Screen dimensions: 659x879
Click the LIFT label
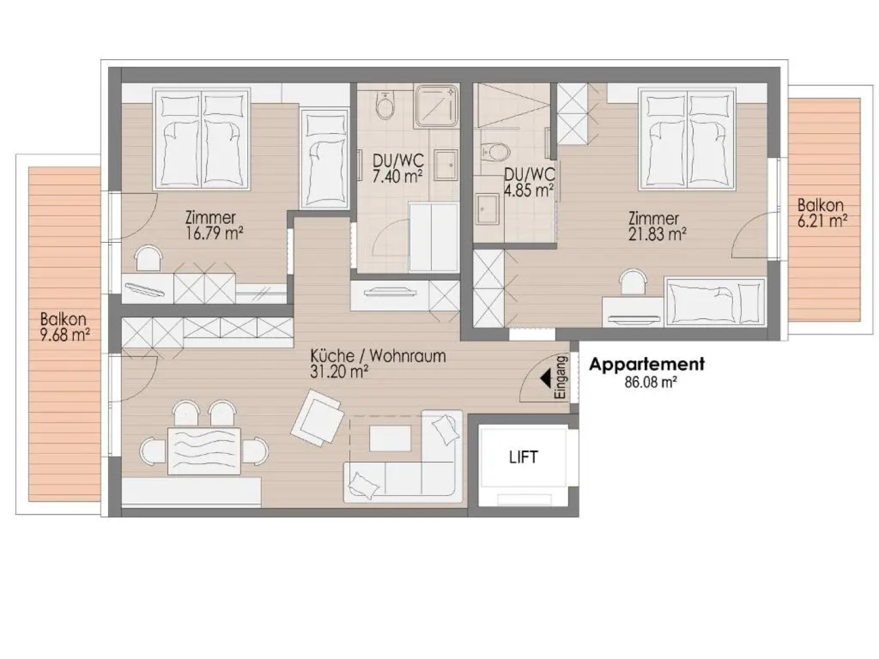click(523, 457)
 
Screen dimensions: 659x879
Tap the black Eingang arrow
click(545, 379)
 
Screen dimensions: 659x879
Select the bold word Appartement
click(646, 364)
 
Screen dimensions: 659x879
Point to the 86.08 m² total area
click(650, 383)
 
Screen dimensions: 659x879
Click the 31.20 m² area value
click(339, 372)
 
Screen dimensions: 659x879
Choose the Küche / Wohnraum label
click(377, 356)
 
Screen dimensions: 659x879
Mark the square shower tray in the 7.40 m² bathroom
click(436, 106)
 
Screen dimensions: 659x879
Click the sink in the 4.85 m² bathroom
click(487, 209)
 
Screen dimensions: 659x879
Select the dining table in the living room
click(204, 450)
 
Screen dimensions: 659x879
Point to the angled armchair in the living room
click(316, 419)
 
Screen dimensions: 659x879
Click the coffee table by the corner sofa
click(389, 438)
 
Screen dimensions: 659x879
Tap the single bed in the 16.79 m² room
click(324, 159)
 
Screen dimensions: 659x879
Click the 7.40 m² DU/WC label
click(398, 168)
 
